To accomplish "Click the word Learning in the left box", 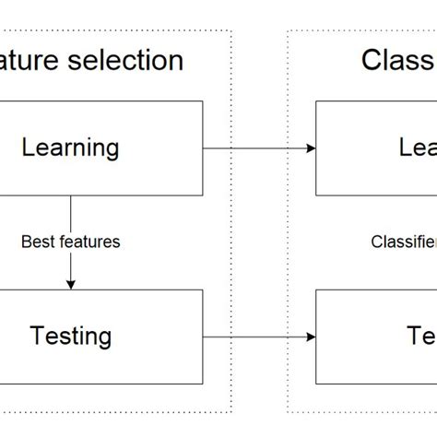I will tap(70, 148).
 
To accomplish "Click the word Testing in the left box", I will tap(70, 336).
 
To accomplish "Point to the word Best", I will tap(36, 242).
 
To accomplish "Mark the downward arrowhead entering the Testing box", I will tap(71, 284).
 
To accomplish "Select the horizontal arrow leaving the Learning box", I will tap(258, 148).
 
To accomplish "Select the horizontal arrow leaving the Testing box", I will tap(258, 336).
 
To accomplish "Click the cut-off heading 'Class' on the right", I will tap(397, 61).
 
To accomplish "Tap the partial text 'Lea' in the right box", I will tap(418, 148).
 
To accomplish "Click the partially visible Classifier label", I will tap(404, 242).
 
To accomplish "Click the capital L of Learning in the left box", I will tap(28, 148).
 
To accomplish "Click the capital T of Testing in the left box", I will tap(37, 336).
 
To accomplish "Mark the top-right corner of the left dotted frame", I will tap(231, 30).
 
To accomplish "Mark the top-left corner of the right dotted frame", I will tap(288, 30).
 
